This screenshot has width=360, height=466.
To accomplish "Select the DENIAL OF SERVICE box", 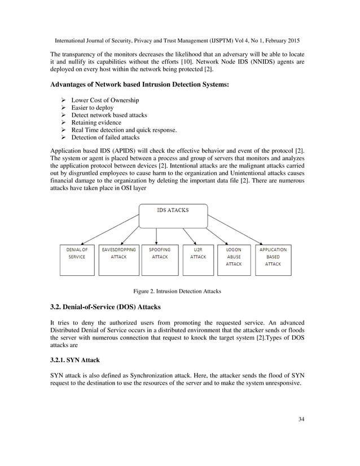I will (x=78, y=260).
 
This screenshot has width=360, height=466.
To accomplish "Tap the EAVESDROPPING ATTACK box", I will (x=118, y=260).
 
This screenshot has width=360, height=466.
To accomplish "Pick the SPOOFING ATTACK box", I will (x=160, y=260).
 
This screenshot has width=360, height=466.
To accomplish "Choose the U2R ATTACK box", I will (x=197, y=260).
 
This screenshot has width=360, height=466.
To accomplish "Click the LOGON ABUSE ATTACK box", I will (x=234, y=260).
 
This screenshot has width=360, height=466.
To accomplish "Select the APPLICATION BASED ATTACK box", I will (x=273, y=260).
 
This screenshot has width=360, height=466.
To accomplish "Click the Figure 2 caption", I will (x=177, y=291).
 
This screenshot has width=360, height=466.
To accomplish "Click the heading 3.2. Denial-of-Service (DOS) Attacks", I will (x=106, y=307).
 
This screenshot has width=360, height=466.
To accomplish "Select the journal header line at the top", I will (x=177, y=41).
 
